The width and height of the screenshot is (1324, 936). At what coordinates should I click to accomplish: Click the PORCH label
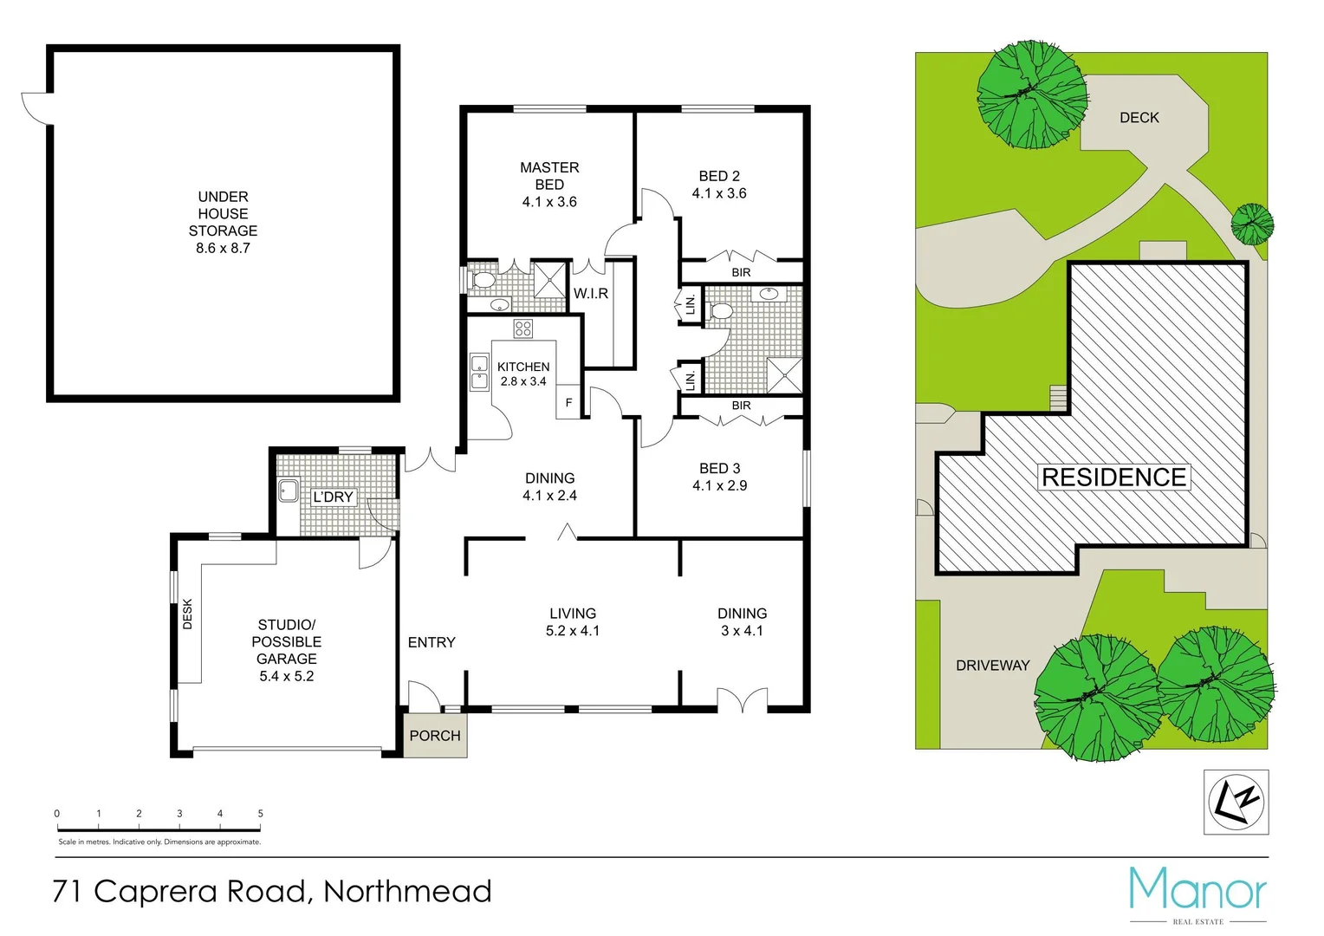coord(435,736)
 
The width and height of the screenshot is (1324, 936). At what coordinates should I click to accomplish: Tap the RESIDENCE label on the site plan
coord(1113,478)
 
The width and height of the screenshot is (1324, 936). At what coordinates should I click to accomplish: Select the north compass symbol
coord(1236,803)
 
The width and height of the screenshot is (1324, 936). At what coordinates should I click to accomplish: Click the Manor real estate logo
coord(1197,891)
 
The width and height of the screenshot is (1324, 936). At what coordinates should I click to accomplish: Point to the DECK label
coord(1139,118)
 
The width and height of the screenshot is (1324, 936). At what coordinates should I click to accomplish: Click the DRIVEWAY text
coord(992,666)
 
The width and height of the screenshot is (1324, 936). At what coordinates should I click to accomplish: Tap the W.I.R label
coord(591,294)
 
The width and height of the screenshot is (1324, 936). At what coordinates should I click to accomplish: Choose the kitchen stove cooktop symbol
coord(522,328)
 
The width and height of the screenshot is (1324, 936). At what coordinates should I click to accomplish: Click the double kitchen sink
coord(479,372)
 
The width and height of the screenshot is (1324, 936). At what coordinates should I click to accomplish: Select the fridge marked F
coord(568,403)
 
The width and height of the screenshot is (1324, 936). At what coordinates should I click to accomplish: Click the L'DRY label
coord(334,497)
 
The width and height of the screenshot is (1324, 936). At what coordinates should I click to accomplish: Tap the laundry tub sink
coord(289,491)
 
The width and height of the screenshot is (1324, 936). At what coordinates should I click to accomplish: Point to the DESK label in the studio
coord(188,614)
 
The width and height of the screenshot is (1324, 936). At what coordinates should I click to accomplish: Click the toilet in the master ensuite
coord(482,280)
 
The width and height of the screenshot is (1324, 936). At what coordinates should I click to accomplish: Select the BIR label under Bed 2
coord(741,272)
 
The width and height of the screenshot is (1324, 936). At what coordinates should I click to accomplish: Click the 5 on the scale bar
coord(260,814)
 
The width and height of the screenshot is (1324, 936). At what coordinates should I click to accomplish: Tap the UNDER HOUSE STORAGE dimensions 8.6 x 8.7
coord(223,249)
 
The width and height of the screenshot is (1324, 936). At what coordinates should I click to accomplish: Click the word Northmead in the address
coord(407,892)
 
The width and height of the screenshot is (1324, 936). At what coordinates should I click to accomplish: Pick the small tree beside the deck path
coord(1252,224)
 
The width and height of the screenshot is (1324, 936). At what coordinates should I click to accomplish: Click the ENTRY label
coord(432,642)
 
